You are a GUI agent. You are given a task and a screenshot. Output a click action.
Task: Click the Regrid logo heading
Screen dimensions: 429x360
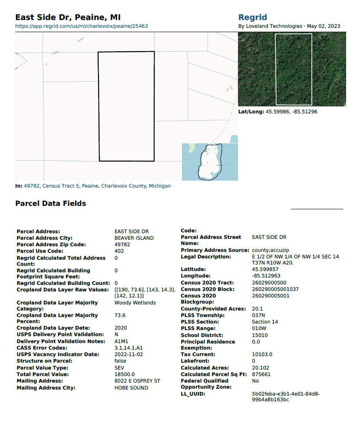click(253, 17)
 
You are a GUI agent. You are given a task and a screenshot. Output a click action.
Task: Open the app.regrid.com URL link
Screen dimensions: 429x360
click(82, 26)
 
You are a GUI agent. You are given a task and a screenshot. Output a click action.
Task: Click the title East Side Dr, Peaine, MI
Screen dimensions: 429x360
click(68, 17)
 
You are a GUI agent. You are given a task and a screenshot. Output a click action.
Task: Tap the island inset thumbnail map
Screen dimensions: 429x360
click(210, 162)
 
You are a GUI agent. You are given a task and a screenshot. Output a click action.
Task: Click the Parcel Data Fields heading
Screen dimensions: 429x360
click(50, 203)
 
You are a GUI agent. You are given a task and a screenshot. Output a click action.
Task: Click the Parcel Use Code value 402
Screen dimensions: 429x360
click(119, 251)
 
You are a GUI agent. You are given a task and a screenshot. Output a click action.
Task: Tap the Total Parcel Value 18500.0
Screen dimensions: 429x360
click(125, 374)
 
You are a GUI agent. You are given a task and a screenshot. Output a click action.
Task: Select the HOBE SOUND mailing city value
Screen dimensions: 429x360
click(131, 388)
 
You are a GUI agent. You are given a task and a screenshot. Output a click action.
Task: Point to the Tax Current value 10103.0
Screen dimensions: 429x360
click(262, 354)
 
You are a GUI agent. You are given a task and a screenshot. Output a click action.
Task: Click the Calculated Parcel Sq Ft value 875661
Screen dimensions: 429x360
click(261, 374)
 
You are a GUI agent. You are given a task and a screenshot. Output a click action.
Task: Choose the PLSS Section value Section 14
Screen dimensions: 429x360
click(265, 322)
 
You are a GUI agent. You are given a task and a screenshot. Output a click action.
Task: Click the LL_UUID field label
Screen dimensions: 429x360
click(193, 394)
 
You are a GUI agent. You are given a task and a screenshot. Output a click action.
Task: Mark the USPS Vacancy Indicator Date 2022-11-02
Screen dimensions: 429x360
click(129, 354)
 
